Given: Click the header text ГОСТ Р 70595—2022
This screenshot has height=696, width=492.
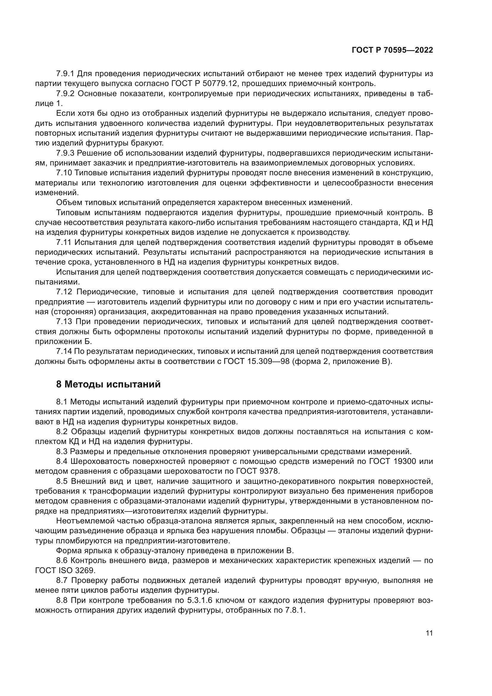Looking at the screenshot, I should pyautogui.click(x=392, y=50).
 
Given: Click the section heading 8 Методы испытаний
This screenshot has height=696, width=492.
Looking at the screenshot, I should pyautogui.click(x=108, y=384).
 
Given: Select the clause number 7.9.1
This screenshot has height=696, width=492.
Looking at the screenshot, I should pyautogui.click(x=65, y=74).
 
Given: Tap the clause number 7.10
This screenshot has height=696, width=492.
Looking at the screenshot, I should pyautogui.click(x=64, y=173).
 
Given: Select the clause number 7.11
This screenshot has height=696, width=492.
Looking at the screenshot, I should pyautogui.click(x=64, y=242).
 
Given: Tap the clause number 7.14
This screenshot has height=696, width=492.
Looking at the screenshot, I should pyautogui.click(x=64, y=351).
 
